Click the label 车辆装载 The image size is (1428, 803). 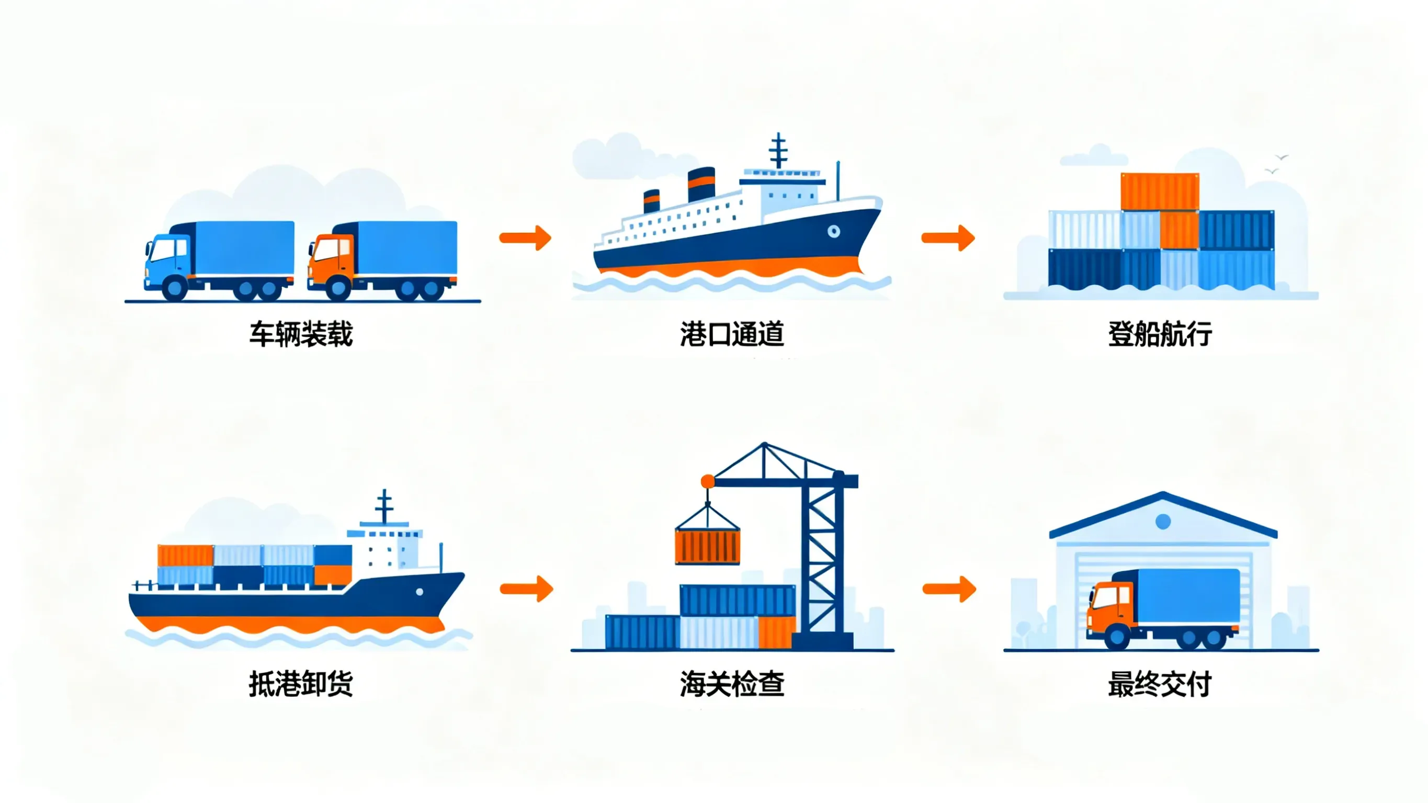(301, 334)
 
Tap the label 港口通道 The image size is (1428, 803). (732, 334)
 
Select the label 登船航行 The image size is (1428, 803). (1160, 334)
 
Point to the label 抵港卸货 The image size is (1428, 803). (301, 684)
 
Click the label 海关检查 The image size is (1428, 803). (732, 684)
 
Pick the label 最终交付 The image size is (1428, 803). (1160, 684)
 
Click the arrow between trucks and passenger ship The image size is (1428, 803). (526, 238)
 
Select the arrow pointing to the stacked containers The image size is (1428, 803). (948, 238)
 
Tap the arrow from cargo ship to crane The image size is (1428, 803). (527, 589)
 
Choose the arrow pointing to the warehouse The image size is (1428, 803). (949, 589)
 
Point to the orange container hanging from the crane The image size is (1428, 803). (707, 546)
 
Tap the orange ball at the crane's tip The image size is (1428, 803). (708, 481)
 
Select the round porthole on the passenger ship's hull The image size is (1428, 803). (834, 231)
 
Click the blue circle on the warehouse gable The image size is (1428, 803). (1163, 521)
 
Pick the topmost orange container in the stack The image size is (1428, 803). (1160, 192)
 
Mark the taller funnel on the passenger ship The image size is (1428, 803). (701, 185)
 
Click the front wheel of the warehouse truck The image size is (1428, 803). (1116, 637)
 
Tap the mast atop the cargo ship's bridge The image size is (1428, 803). (384, 506)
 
